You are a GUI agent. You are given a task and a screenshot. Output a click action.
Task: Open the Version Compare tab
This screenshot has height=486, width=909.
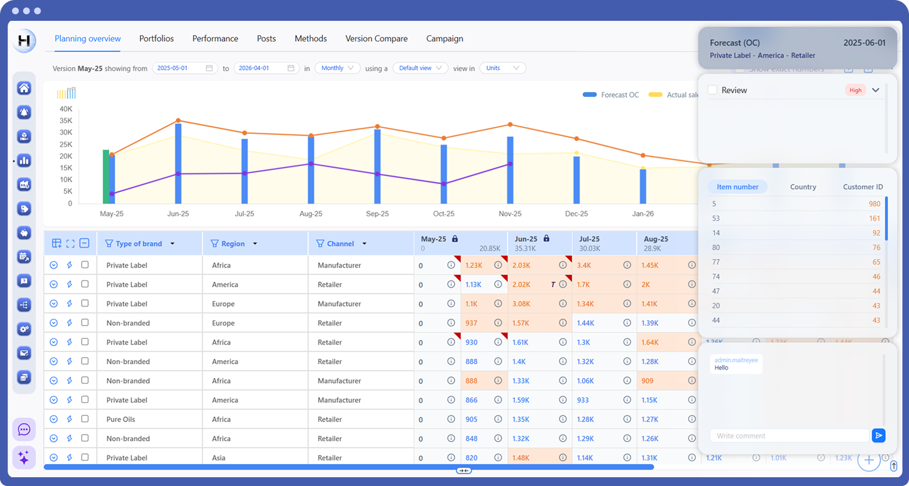376,38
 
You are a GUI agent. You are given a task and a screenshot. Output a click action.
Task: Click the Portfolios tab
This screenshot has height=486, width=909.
156,38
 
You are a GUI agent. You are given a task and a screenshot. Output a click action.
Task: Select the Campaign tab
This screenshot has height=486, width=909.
444,38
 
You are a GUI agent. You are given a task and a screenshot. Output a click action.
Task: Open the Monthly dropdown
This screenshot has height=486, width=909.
337,68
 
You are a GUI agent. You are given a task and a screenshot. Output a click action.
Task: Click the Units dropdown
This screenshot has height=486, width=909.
502,68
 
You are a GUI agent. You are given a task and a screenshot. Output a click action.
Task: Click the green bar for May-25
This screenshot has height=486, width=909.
106,177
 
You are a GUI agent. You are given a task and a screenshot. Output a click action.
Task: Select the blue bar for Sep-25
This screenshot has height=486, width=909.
377,166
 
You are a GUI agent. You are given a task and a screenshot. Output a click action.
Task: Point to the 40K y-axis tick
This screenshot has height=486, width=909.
66,109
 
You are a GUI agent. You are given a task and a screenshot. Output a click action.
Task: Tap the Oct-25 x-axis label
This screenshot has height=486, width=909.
444,214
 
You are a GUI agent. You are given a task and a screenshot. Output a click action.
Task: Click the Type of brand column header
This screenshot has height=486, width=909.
139,244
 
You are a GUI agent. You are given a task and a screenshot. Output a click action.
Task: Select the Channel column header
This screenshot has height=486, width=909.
340,244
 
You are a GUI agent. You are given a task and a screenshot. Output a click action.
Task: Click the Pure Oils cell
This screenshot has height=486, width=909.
121,419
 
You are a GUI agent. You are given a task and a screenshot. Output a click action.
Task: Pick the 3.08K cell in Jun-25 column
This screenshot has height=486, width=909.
521,304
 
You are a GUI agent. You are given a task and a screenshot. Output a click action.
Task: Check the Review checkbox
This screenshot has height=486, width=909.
712,90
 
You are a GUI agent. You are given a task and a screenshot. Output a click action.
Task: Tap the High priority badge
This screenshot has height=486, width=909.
855,90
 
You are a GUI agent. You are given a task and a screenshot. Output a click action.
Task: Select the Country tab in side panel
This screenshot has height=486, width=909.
803,187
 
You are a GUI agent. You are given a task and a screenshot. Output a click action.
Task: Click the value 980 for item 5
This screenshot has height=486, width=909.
874,204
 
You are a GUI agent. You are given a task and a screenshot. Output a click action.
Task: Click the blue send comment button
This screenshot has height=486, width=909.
878,436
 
